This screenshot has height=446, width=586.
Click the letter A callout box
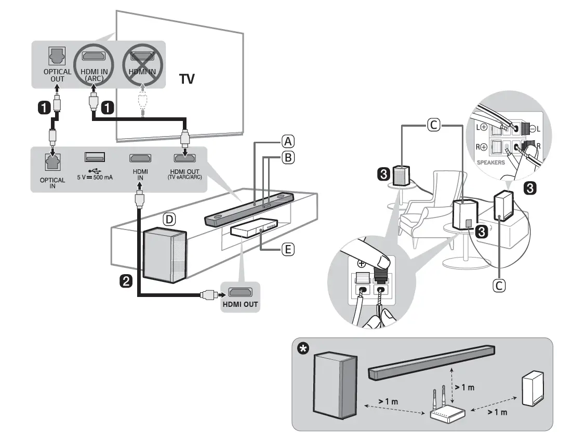[288, 140]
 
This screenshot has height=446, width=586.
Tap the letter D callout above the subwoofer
[169, 219]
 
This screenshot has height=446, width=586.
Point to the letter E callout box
[288, 250]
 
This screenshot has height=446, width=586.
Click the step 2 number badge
[125, 281]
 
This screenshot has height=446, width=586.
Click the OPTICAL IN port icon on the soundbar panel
[52, 161]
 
